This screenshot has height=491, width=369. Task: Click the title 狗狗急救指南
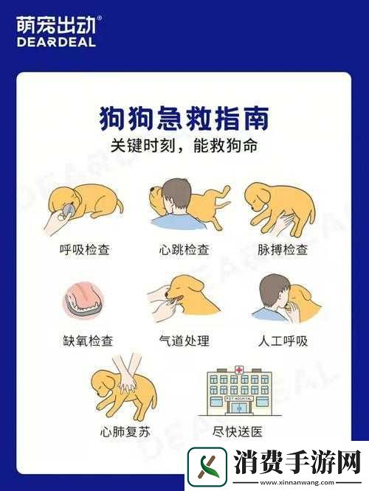(x=184, y=116)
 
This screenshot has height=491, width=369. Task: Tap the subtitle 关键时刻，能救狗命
(x=184, y=146)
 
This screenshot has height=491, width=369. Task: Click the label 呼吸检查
(x=85, y=250)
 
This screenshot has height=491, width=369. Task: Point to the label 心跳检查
(x=184, y=250)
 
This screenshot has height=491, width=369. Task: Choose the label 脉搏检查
(x=283, y=250)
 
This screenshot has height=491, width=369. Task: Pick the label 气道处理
(x=184, y=341)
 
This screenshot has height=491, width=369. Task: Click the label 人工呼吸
(x=283, y=341)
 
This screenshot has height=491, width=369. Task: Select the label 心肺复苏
(x=125, y=431)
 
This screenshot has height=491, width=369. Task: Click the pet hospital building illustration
(x=239, y=390)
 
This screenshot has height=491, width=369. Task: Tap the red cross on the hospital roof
(x=239, y=369)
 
